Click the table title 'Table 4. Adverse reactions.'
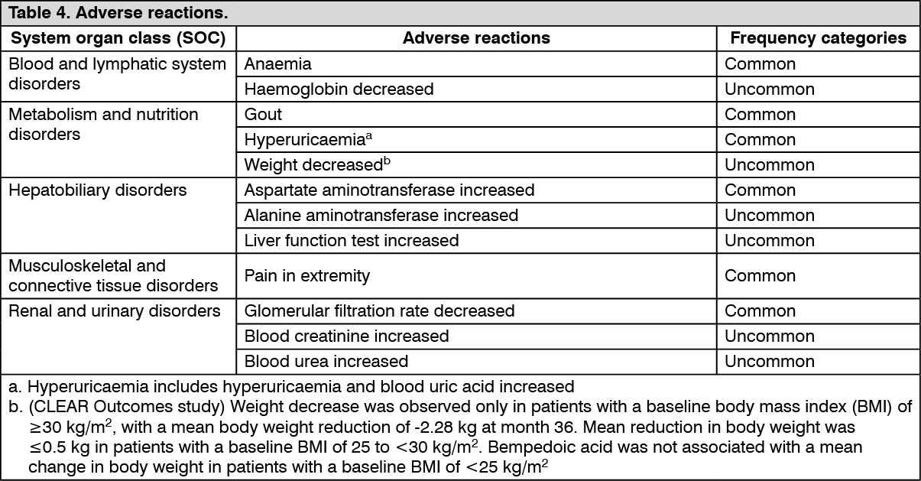pos(118,14)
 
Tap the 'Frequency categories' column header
pos(818,38)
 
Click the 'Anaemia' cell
pos(277,64)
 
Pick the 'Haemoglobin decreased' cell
pos(339,89)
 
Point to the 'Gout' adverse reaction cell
pos(263,115)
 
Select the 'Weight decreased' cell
pos(312,165)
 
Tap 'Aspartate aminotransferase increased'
pos(389,190)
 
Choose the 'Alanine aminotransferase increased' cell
pos(381,216)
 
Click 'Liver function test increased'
pos(352,241)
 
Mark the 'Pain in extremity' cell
pos(306,276)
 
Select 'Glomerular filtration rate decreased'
pos(379,311)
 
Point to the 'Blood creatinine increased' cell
pos(346,336)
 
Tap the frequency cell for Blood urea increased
pos(769,361)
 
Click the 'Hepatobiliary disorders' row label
pos(97,190)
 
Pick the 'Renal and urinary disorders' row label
pos(114,311)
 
